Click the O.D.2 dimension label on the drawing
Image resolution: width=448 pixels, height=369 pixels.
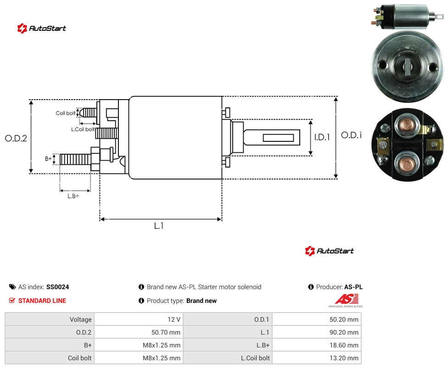[x=16, y=139]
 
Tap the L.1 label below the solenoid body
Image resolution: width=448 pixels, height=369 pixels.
[x=159, y=226]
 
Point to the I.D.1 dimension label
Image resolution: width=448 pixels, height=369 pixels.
[x=322, y=137]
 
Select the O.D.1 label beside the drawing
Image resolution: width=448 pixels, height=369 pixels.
[x=352, y=135]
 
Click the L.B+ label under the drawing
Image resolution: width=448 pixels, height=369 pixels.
[x=73, y=196]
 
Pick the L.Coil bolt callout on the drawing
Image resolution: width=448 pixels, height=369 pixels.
[x=83, y=129]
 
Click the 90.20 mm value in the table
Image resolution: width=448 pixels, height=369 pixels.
[x=344, y=332]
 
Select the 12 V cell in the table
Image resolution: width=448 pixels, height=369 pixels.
[x=174, y=319]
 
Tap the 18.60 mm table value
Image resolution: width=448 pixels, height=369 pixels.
[x=344, y=345]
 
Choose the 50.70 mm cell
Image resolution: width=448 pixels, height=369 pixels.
[x=166, y=332]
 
